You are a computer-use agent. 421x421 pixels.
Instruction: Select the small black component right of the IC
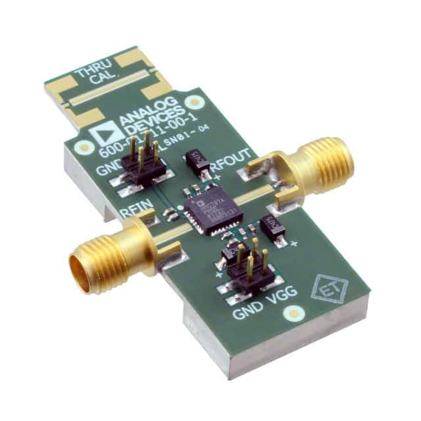(x=271, y=227)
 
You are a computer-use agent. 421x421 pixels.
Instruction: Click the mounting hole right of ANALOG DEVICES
(x=193, y=103)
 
